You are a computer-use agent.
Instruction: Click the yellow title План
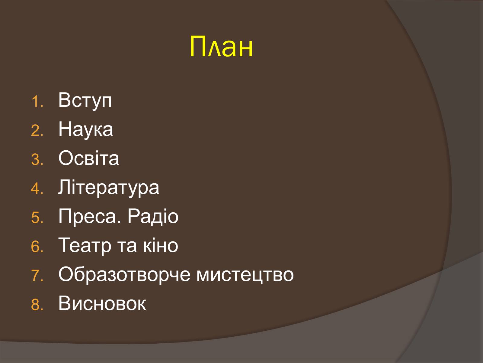click(x=221, y=47)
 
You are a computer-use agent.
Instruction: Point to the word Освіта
click(x=89, y=158)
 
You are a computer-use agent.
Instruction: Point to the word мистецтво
click(x=245, y=275)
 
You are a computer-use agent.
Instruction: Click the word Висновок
click(x=102, y=303)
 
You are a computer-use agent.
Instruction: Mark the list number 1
click(x=37, y=102)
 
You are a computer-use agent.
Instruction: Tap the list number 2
click(x=37, y=131)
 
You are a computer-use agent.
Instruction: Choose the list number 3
click(x=37, y=160)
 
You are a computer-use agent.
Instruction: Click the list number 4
click(x=37, y=189)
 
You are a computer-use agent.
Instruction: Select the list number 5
click(x=37, y=218)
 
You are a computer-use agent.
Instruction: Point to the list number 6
click(x=37, y=247)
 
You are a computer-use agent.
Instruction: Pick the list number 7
click(x=37, y=276)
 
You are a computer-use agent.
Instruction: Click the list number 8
click(x=37, y=305)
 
